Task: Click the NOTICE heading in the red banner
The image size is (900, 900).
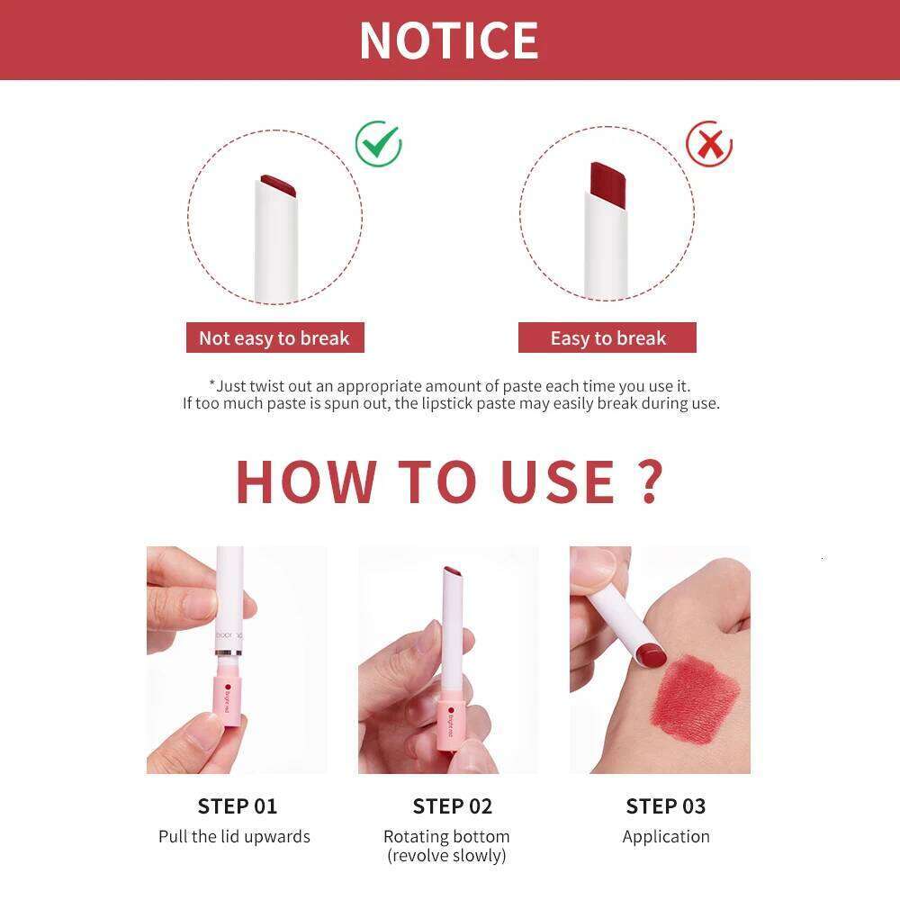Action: tap(448, 40)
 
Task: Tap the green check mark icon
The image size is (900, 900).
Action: tap(378, 144)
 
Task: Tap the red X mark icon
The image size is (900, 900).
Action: tap(709, 144)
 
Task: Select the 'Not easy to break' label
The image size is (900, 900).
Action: tap(274, 338)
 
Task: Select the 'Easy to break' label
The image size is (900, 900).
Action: tap(607, 338)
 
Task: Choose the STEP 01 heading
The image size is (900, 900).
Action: tap(238, 805)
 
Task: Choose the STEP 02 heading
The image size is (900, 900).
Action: tap(453, 805)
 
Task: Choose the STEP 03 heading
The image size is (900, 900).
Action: tap(666, 805)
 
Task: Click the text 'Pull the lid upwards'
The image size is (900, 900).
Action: tap(234, 836)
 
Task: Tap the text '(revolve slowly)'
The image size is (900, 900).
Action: tap(446, 855)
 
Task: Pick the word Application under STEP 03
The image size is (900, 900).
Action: tap(666, 836)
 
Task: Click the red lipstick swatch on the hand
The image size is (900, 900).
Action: tap(697, 697)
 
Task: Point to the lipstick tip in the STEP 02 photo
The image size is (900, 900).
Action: tap(454, 573)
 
